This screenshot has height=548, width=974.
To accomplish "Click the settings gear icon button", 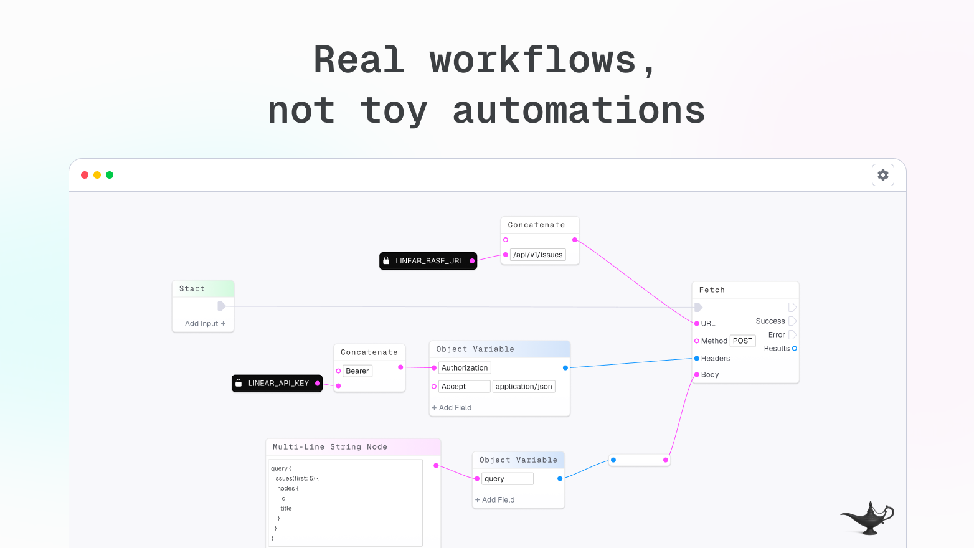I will coord(882,175).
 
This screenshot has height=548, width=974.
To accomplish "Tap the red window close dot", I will coord(85,175).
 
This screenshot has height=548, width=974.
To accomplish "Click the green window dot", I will coord(110,175).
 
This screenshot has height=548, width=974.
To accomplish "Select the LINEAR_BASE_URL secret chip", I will coord(428,261).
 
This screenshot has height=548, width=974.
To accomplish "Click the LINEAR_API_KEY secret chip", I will coord(277,384).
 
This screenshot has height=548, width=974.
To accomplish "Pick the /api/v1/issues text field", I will coord(537,255).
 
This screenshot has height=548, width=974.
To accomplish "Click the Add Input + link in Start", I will coord(205,324).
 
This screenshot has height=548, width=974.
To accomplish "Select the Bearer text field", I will coord(357,371).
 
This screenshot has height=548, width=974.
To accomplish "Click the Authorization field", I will coord(465,368).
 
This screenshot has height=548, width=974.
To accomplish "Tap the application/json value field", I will coord(524,387).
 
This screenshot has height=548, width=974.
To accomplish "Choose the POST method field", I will coord(742,341).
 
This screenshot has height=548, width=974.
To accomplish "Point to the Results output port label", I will coord(776,349).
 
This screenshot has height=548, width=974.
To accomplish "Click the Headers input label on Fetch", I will coord(715,359).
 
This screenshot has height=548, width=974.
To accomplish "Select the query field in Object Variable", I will coord(507,479).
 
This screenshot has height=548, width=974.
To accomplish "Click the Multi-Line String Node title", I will coord(330,447).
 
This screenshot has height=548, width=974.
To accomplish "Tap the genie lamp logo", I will coord(867,517).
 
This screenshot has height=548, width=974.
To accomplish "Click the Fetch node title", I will coord(712,290).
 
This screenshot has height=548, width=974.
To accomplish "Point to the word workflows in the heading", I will coord(532,60).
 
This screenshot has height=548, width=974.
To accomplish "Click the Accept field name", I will coord(464,387).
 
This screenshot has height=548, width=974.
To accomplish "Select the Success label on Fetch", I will coord(770,321).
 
